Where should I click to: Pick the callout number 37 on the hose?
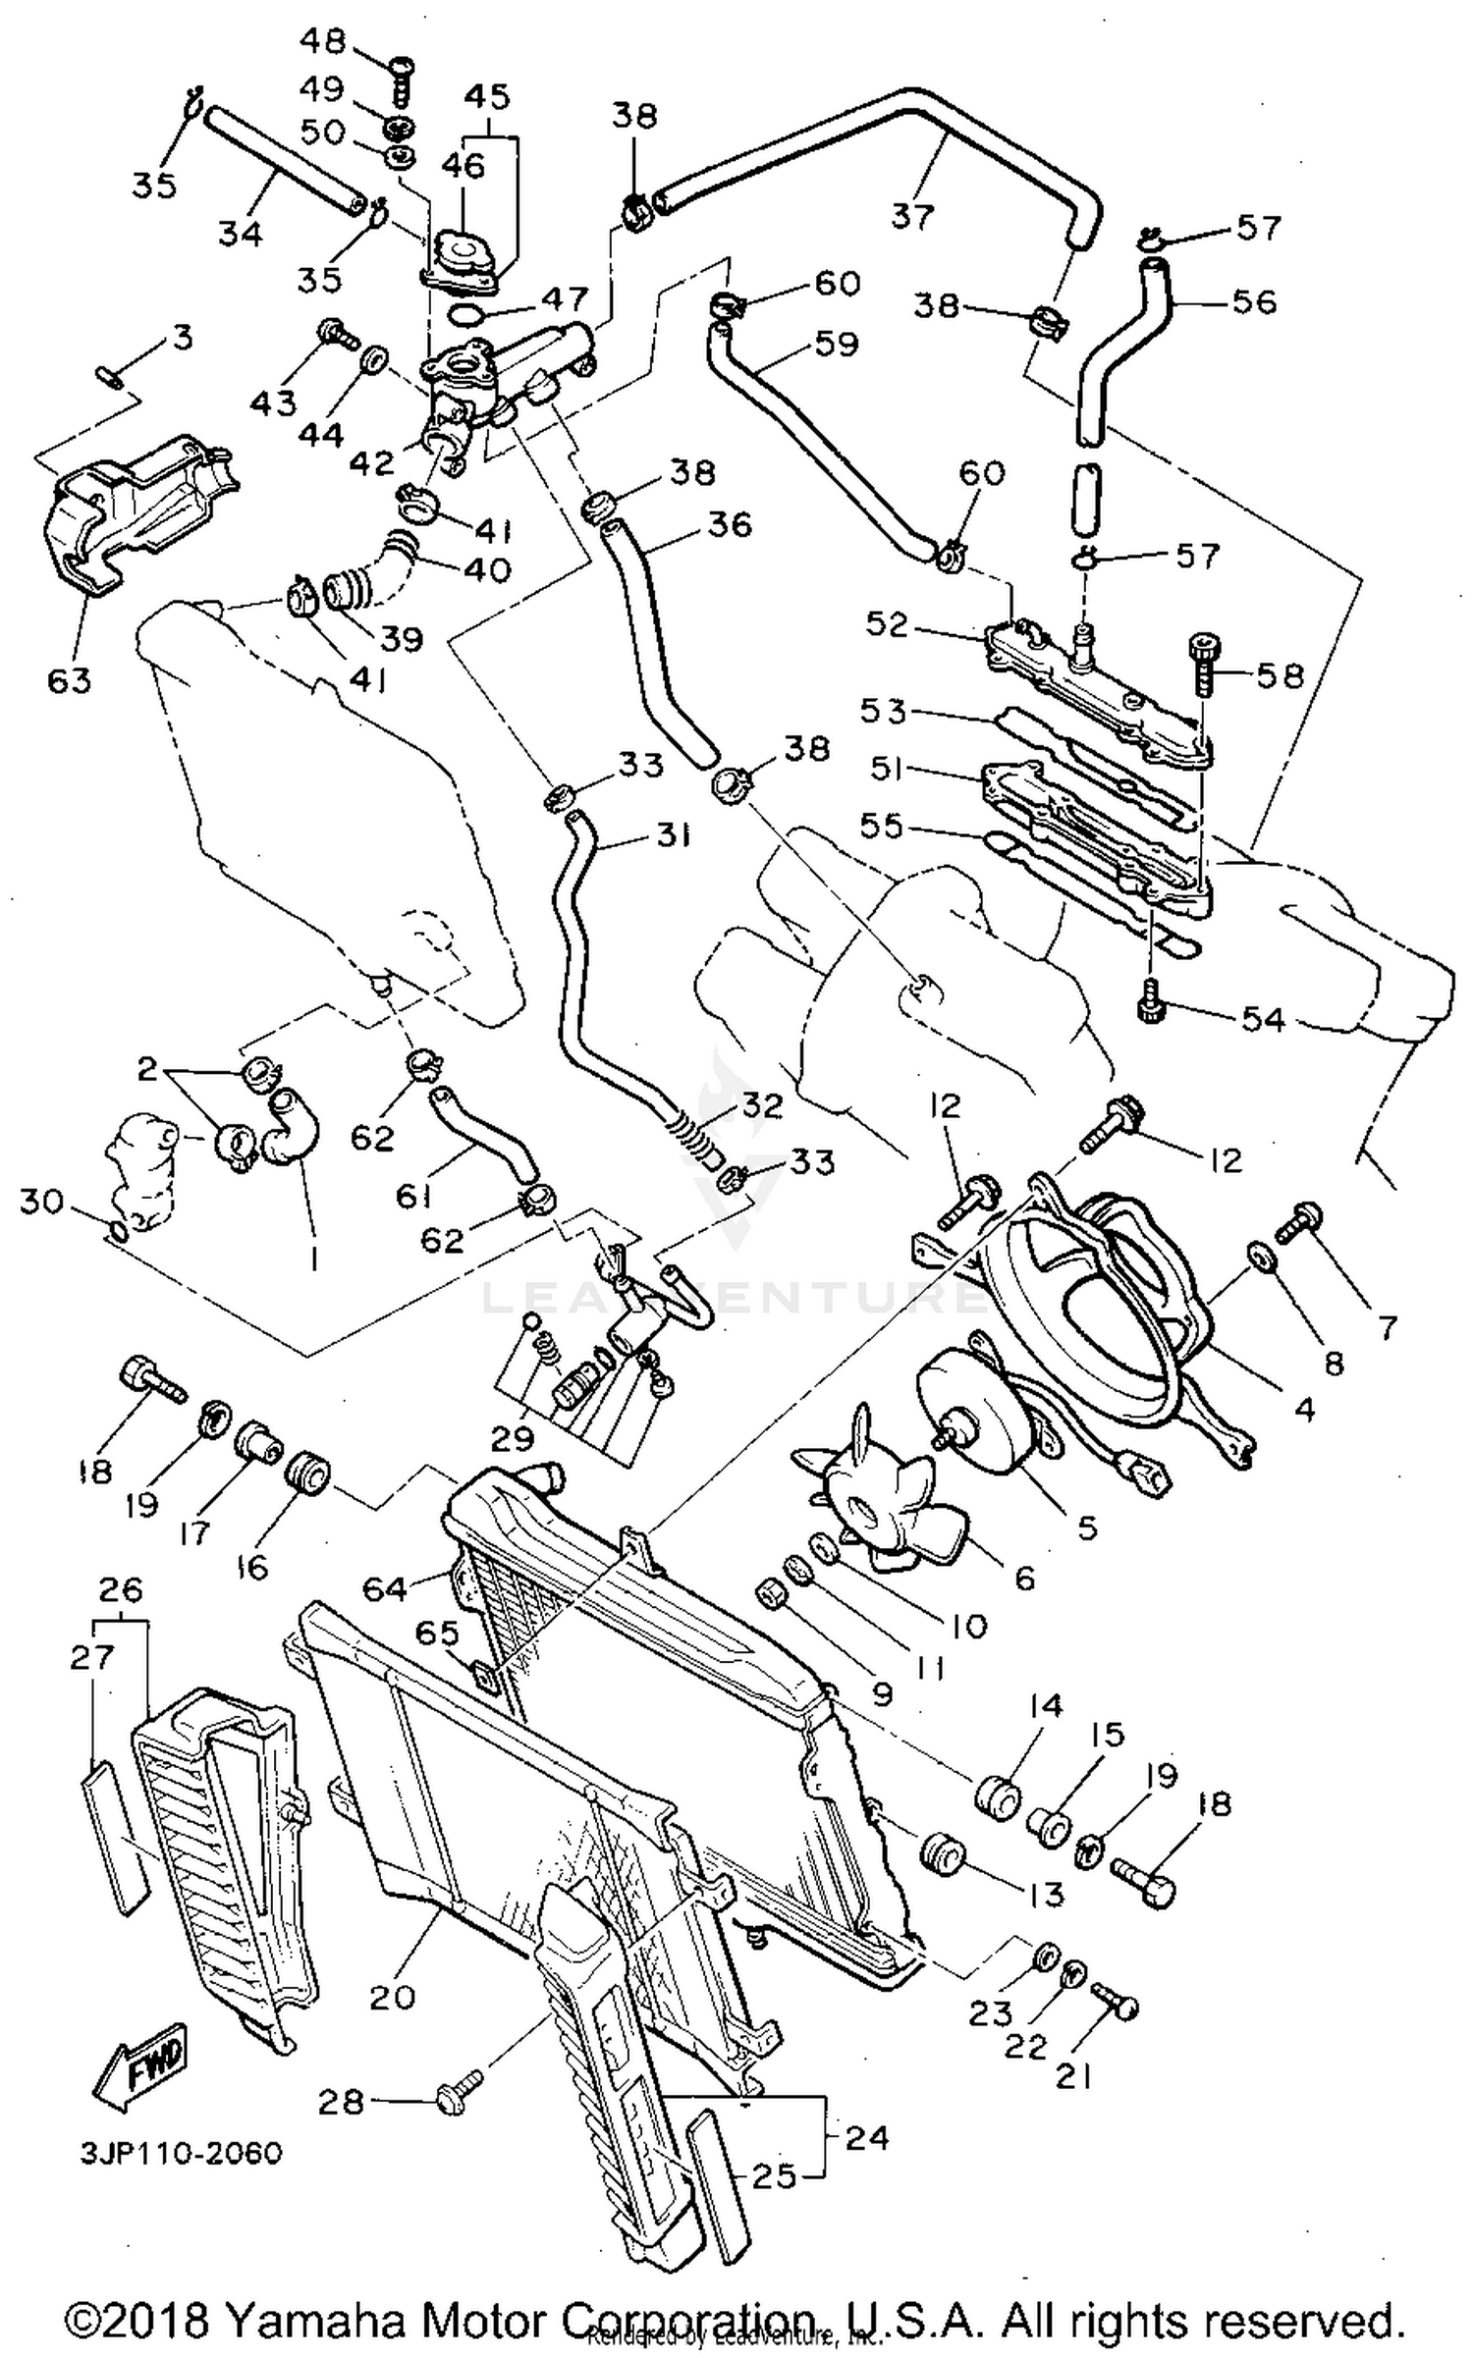[x=911, y=214]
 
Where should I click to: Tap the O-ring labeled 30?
[x=116, y=1231]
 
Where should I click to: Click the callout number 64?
[x=385, y=1587]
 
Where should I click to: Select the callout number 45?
[x=487, y=96]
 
